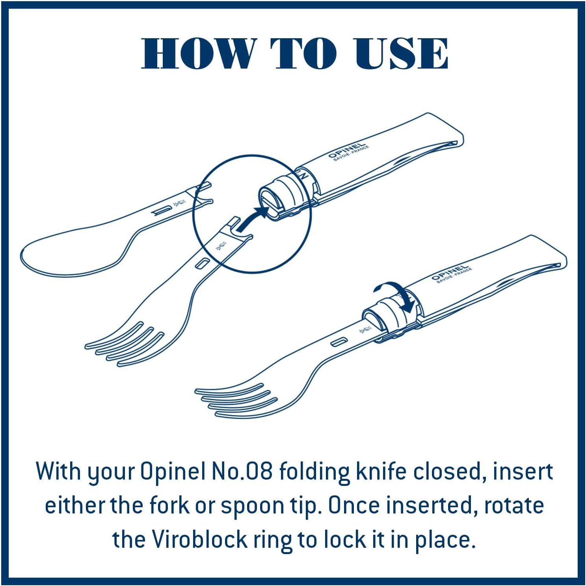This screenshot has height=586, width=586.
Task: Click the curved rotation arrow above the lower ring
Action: [398, 293]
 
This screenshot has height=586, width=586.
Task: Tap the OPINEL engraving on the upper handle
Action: [347, 151]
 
